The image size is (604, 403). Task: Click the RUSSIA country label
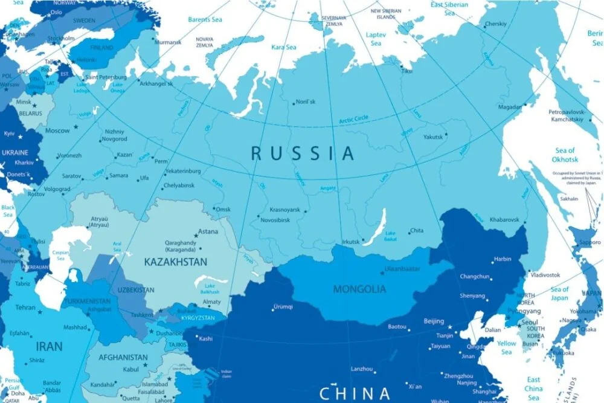click(303, 153)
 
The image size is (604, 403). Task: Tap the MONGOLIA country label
click(359, 289)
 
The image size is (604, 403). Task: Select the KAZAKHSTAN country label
click(176, 262)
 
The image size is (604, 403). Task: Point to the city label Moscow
click(57, 131)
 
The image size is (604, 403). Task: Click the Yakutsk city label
click(432, 137)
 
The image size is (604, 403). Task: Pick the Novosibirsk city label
click(277, 219)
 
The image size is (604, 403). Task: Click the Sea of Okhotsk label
click(565, 155)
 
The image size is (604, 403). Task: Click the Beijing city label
click(434, 321)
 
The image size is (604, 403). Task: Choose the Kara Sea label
click(283, 47)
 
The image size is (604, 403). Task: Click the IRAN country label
click(49, 347)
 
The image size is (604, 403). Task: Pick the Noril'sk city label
click(306, 102)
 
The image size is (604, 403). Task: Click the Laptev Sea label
click(376, 39)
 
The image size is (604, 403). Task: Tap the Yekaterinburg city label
click(182, 171)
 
